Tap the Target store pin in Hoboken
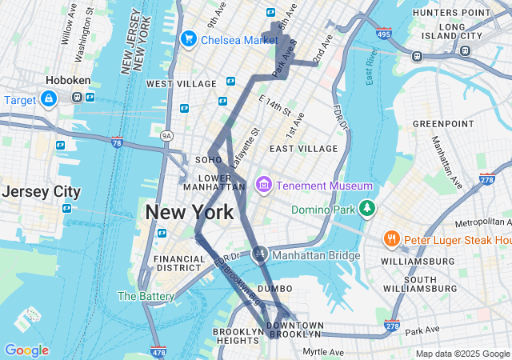(x=49, y=98)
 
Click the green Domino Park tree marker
(x=366, y=209)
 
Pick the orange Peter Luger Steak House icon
(x=391, y=239)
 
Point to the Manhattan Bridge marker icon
(x=259, y=254)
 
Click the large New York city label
(x=190, y=212)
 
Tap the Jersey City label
(x=41, y=192)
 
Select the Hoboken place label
(x=68, y=81)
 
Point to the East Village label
(x=303, y=149)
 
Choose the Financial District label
(x=179, y=264)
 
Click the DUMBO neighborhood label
(x=275, y=288)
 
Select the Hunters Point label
(x=450, y=13)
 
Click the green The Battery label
(x=146, y=296)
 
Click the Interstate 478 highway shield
(x=158, y=351)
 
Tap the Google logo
(x=26, y=350)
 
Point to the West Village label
(x=181, y=84)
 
